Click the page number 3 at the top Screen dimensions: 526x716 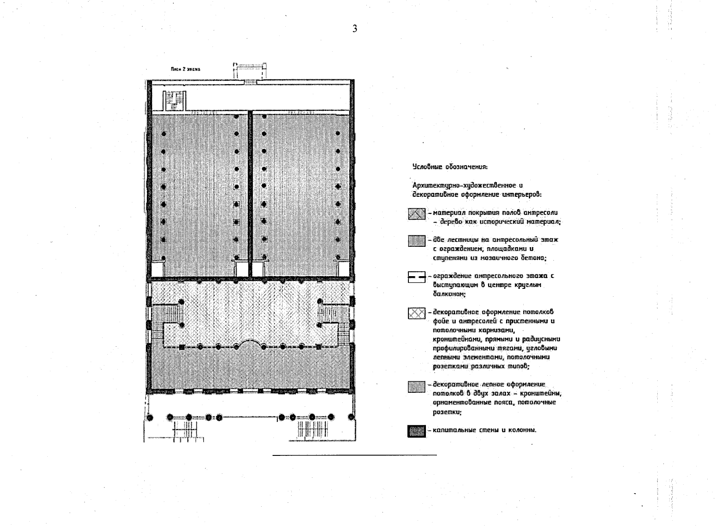pyautogui.click(x=354, y=29)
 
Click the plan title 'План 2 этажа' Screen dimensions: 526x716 pyautogui.click(x=186, y=69)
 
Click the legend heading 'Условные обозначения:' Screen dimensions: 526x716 pyautogui.click(x=450, y=167)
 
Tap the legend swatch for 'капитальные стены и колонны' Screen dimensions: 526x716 pyautogui.click(x=416, y=431)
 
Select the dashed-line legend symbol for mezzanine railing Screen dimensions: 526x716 pyautogui.click(x=416, y=277)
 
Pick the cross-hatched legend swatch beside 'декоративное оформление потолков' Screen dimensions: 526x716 pyautogui.click(x=416, y=313)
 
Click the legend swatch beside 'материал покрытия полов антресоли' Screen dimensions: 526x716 pyautogui.click(x=416, y=214)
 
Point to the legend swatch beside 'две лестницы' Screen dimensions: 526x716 pyautogui.click(x=416, y=241)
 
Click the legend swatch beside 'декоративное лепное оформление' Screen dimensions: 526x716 pyautogui.click(x=416, y=387)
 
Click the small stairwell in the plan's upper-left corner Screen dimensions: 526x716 pyautogui.click(x=174, y=100)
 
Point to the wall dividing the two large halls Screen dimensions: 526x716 pyautogui.click(x=250, y=193)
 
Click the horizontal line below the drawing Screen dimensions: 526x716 pyautogui.click(x=354, y=455)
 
